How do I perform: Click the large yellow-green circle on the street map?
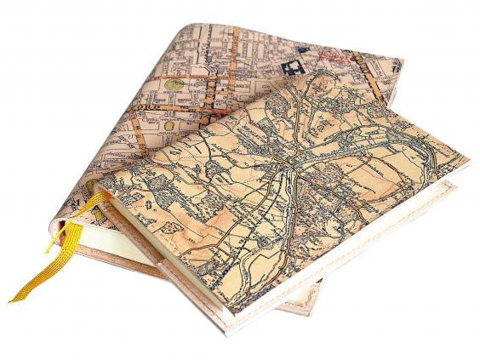174,83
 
